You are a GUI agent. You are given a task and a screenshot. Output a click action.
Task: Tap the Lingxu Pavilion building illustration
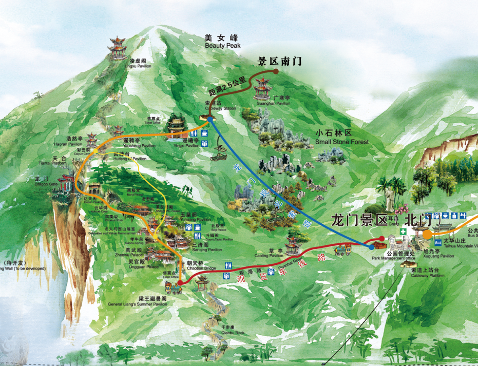tap(118, 48)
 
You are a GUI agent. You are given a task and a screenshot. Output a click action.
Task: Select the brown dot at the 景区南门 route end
tap(276, 72)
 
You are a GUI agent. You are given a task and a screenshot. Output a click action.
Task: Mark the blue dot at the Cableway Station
tap(210, 119)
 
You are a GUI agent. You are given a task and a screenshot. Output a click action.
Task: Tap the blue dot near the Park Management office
tap(372, 247)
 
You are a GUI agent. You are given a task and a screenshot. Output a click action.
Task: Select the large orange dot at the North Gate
tap(427, 235)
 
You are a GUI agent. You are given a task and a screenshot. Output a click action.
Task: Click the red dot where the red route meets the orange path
tap(180, 282)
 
